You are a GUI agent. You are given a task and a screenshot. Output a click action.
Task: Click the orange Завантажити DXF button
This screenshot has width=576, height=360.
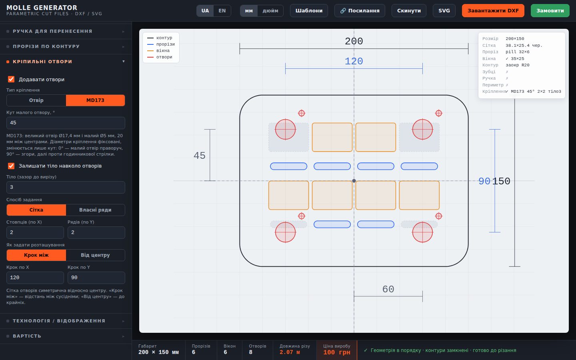point(493,10)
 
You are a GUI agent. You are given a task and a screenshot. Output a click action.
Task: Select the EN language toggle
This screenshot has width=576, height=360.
point(222,10)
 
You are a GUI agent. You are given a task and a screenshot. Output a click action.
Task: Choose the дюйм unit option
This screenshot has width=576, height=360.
point(270,10)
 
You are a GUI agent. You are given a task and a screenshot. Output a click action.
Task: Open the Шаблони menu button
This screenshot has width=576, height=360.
point(309,10)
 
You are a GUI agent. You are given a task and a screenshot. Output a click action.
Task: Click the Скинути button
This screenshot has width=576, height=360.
point(409,10)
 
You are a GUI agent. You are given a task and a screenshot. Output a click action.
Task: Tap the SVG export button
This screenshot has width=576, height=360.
point(444,10)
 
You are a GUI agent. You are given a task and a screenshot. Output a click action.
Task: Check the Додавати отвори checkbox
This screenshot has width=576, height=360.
point(11,79)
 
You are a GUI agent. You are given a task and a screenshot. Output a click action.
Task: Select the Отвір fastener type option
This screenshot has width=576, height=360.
point(36,100)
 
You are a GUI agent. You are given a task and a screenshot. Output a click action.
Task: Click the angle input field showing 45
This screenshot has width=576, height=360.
point(66,123)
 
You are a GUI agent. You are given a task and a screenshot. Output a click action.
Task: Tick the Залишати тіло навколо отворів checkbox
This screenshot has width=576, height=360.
point(11,166)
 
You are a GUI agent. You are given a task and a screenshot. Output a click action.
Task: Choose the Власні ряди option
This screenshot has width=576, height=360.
point(95,210)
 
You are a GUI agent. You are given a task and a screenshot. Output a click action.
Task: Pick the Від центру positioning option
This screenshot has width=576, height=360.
point(95,255)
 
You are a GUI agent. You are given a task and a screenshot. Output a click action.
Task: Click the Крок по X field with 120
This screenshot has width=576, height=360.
point(35,278)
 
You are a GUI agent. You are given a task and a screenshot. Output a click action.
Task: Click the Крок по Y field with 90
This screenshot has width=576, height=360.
point(96,278)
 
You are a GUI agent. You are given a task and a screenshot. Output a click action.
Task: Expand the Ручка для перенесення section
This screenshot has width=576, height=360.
point(66,31)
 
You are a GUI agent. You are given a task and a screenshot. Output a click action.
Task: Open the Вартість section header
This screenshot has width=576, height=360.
point(66,336)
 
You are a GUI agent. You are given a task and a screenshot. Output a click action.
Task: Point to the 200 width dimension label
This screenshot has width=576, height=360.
point(354,41)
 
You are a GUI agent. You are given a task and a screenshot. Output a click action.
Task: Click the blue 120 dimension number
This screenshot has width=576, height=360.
point(354,61)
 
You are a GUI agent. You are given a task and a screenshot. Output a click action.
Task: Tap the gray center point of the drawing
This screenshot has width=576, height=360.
point(354,181)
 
